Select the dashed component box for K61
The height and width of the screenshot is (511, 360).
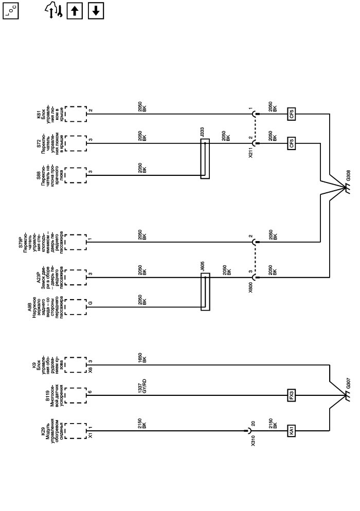tap(76, 114)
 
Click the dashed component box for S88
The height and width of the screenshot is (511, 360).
tap(76, 175)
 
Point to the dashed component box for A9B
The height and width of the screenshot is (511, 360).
tap(76, 307)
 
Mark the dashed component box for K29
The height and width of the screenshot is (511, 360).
tap(76, 430)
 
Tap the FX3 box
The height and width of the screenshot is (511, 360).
tap(292, 396)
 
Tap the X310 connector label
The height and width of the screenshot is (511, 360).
tap(253, 442)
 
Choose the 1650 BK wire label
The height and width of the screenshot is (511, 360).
tap(143, 359)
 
